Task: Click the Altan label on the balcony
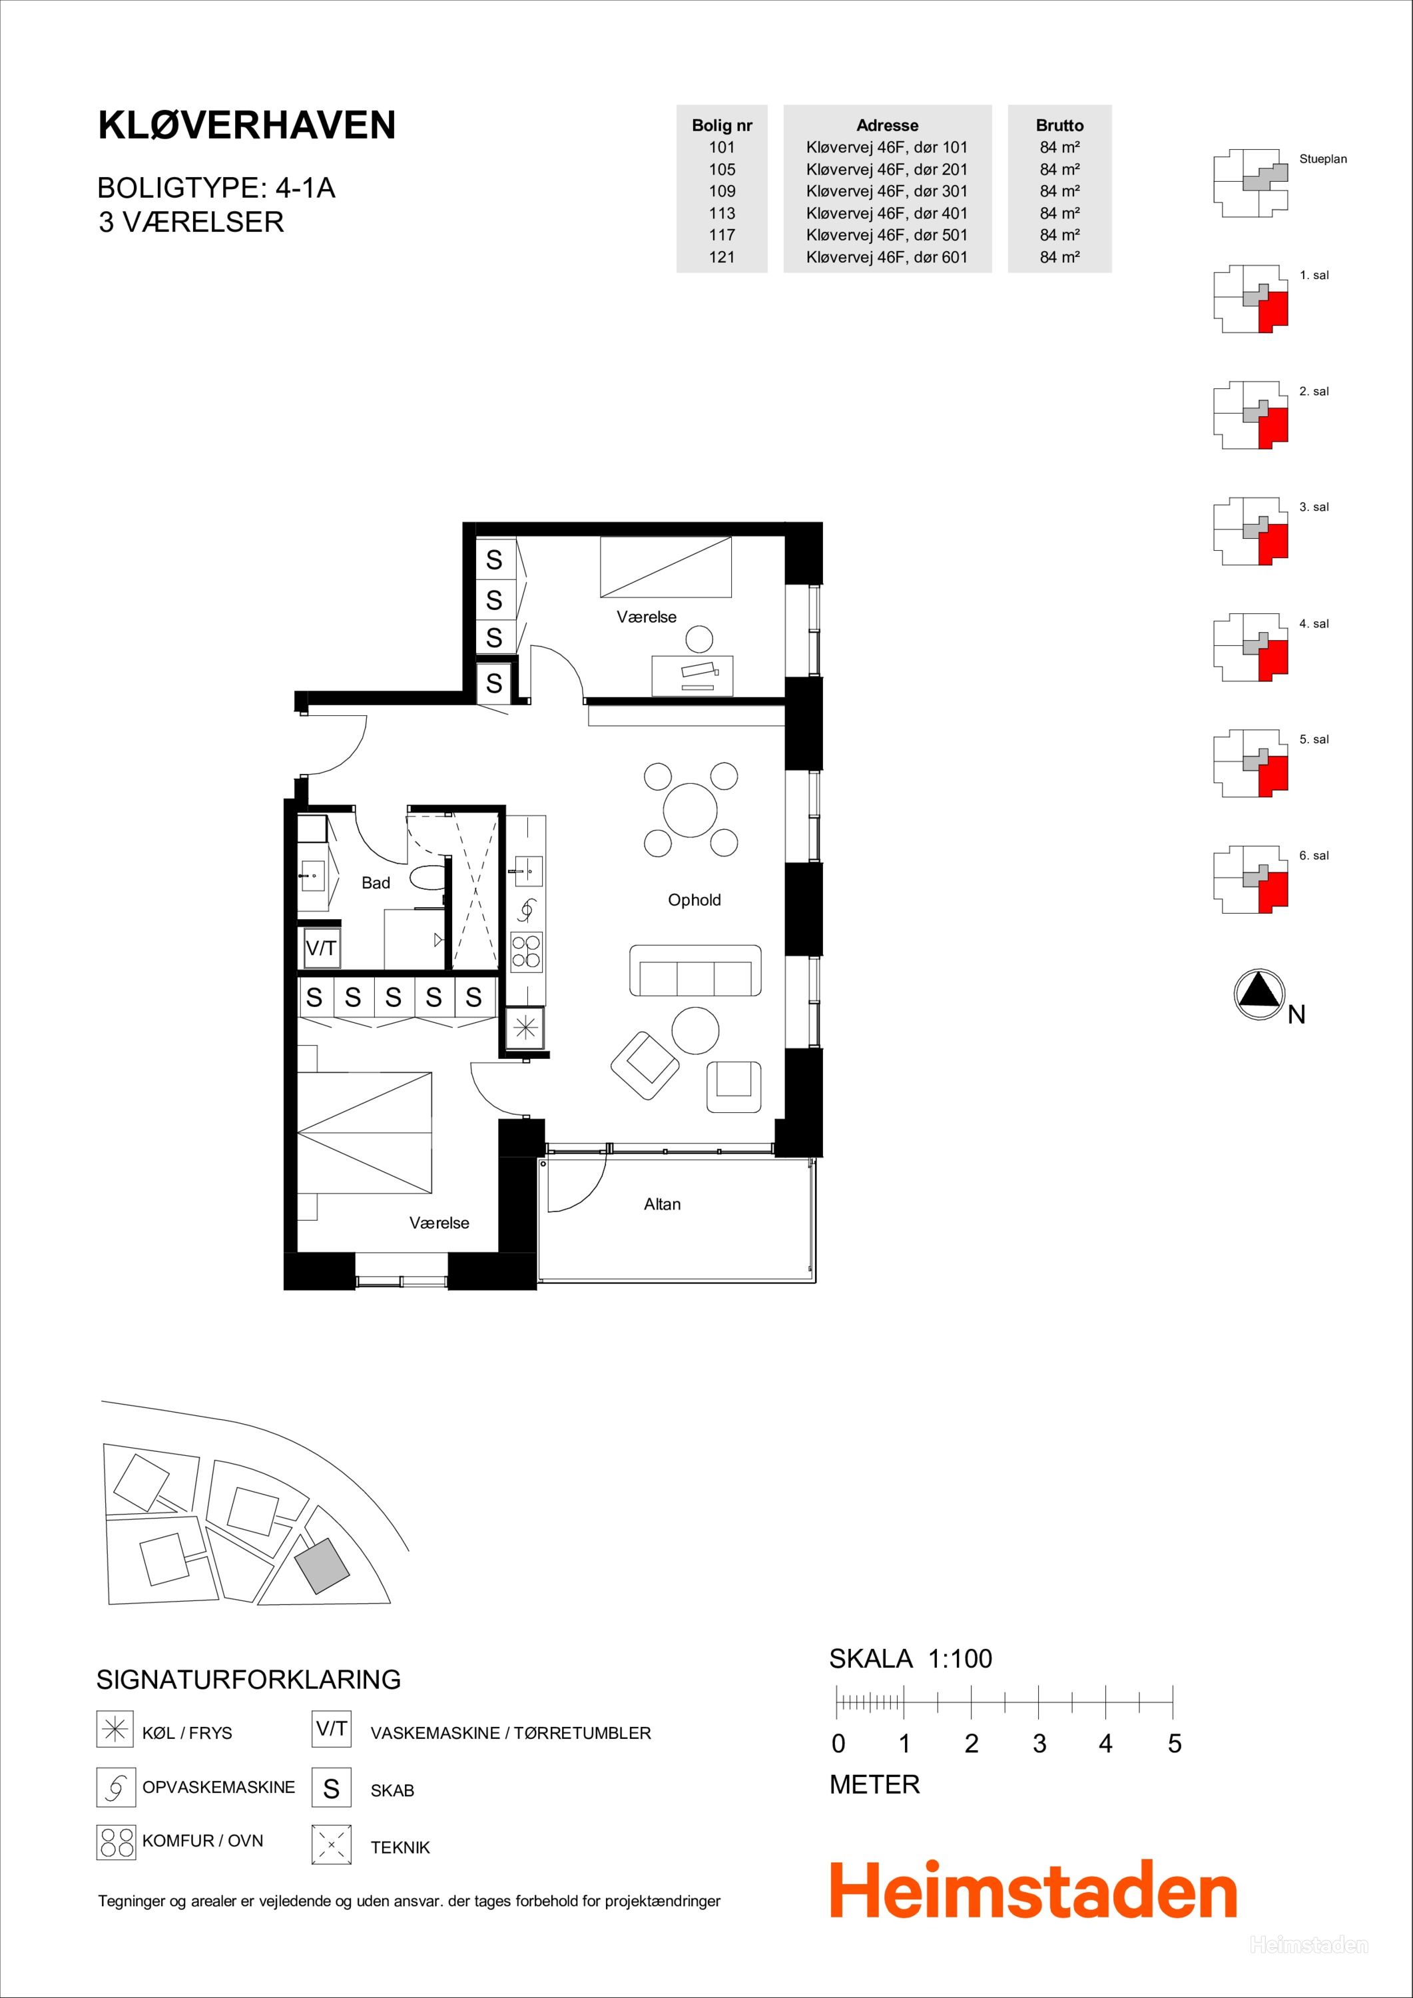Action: pos(662,1204)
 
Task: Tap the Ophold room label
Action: pos(695,900)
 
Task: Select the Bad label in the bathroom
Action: pos(376,882)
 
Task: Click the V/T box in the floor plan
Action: pos(321,948)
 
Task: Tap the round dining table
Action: pos(690,809)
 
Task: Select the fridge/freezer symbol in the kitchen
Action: pos(525,1028)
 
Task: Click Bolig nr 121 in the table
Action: pos(722,256)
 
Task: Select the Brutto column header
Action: pos(1060,125)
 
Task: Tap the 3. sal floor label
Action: pos(1314,507)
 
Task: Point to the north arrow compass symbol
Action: pos(1259,994)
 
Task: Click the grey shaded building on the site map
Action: pos(321,1566)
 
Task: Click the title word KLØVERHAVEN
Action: pos(247,125)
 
